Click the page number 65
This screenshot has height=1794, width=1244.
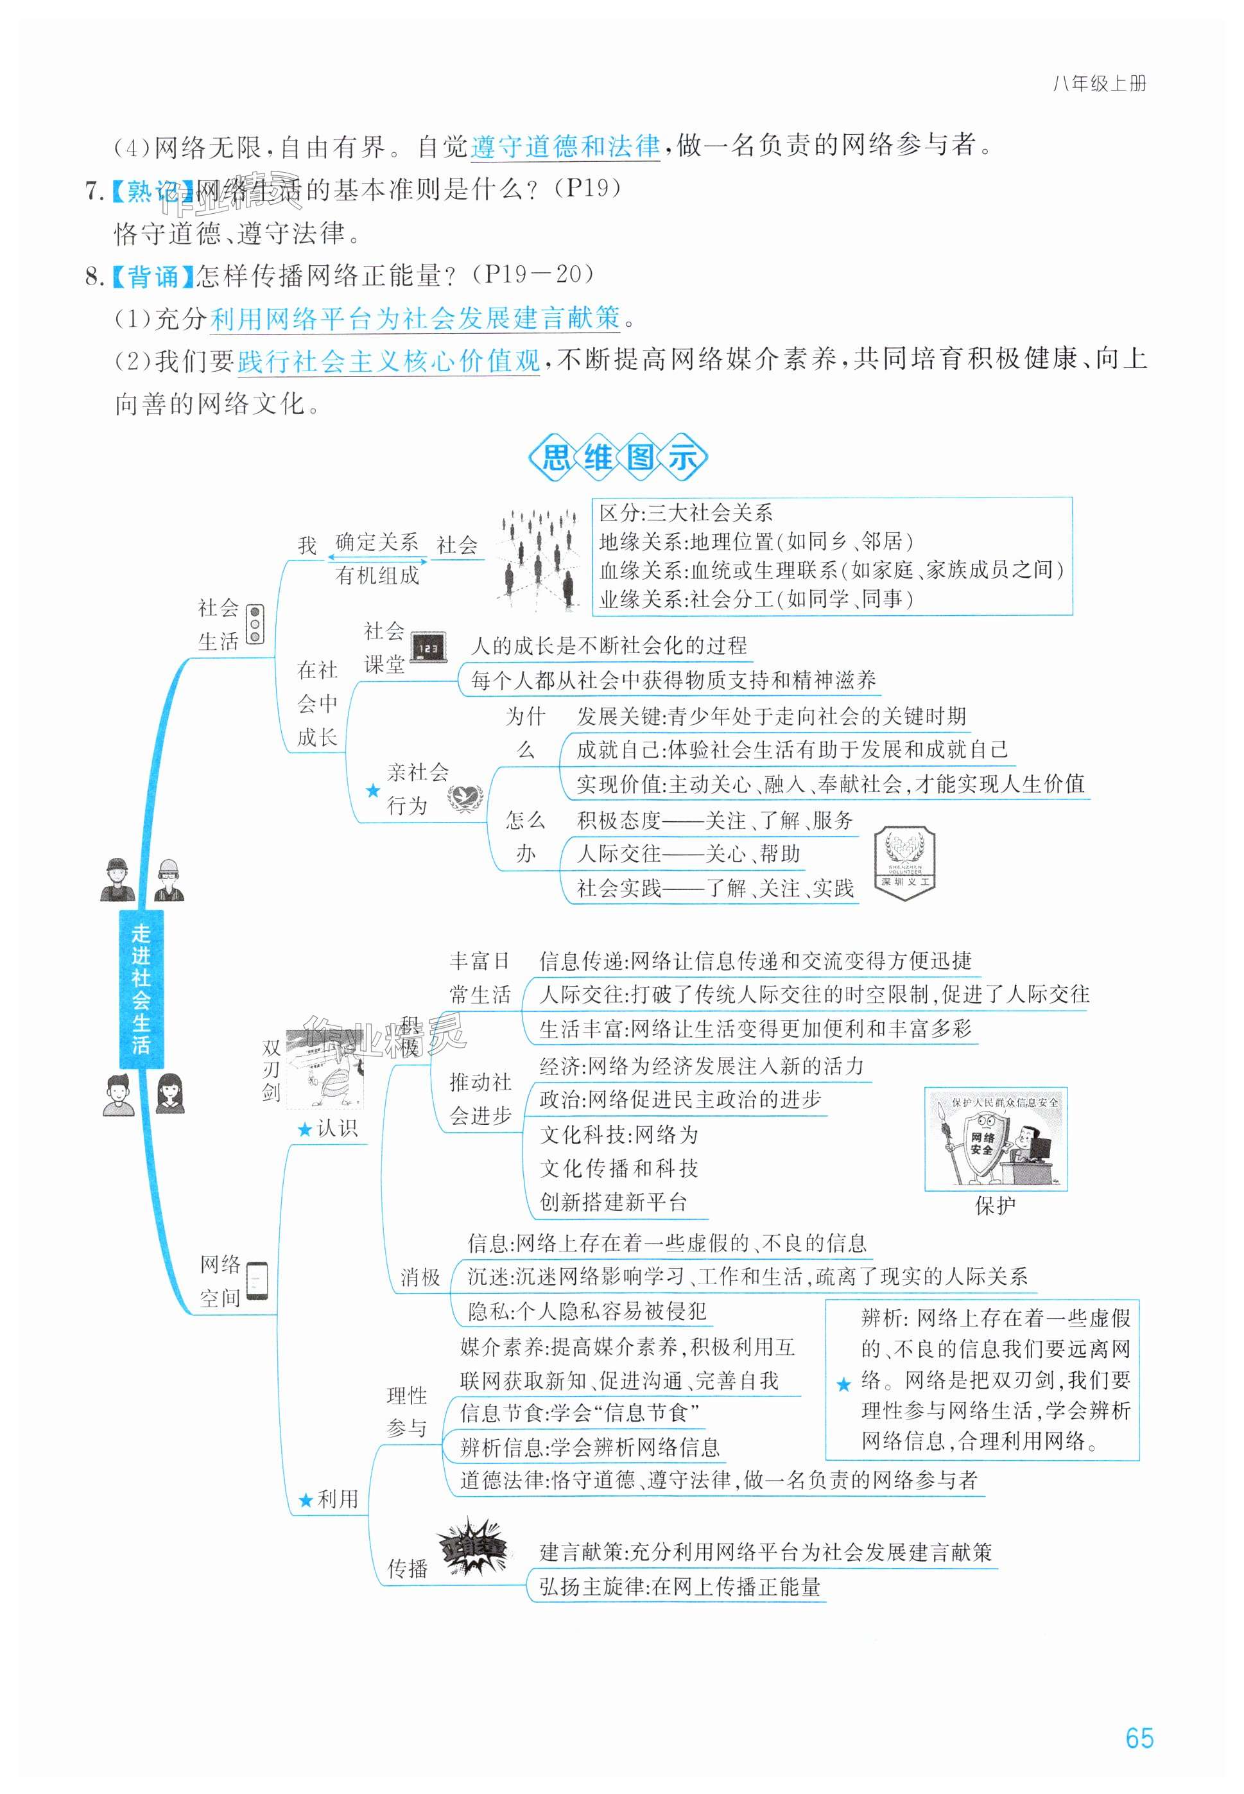point(1139,1737)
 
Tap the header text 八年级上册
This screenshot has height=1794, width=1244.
point(1099,84)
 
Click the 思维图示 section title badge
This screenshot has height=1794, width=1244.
point(618,457)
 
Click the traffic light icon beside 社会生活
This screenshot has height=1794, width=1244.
point(255,625)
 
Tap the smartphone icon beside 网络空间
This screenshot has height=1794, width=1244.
point(257,1280)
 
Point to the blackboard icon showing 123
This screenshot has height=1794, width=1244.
point(428,647)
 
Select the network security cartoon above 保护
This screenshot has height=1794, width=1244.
point(996,1139)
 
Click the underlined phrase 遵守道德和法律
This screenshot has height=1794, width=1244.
point(566,146)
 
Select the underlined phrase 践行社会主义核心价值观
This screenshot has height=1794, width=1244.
point(388,361)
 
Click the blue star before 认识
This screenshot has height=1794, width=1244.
point(305,1129)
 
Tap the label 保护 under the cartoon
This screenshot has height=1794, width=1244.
point(996,1206)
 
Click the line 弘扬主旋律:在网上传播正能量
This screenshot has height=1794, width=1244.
point(680,1587)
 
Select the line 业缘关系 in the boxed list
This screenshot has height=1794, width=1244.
point(756,599)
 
